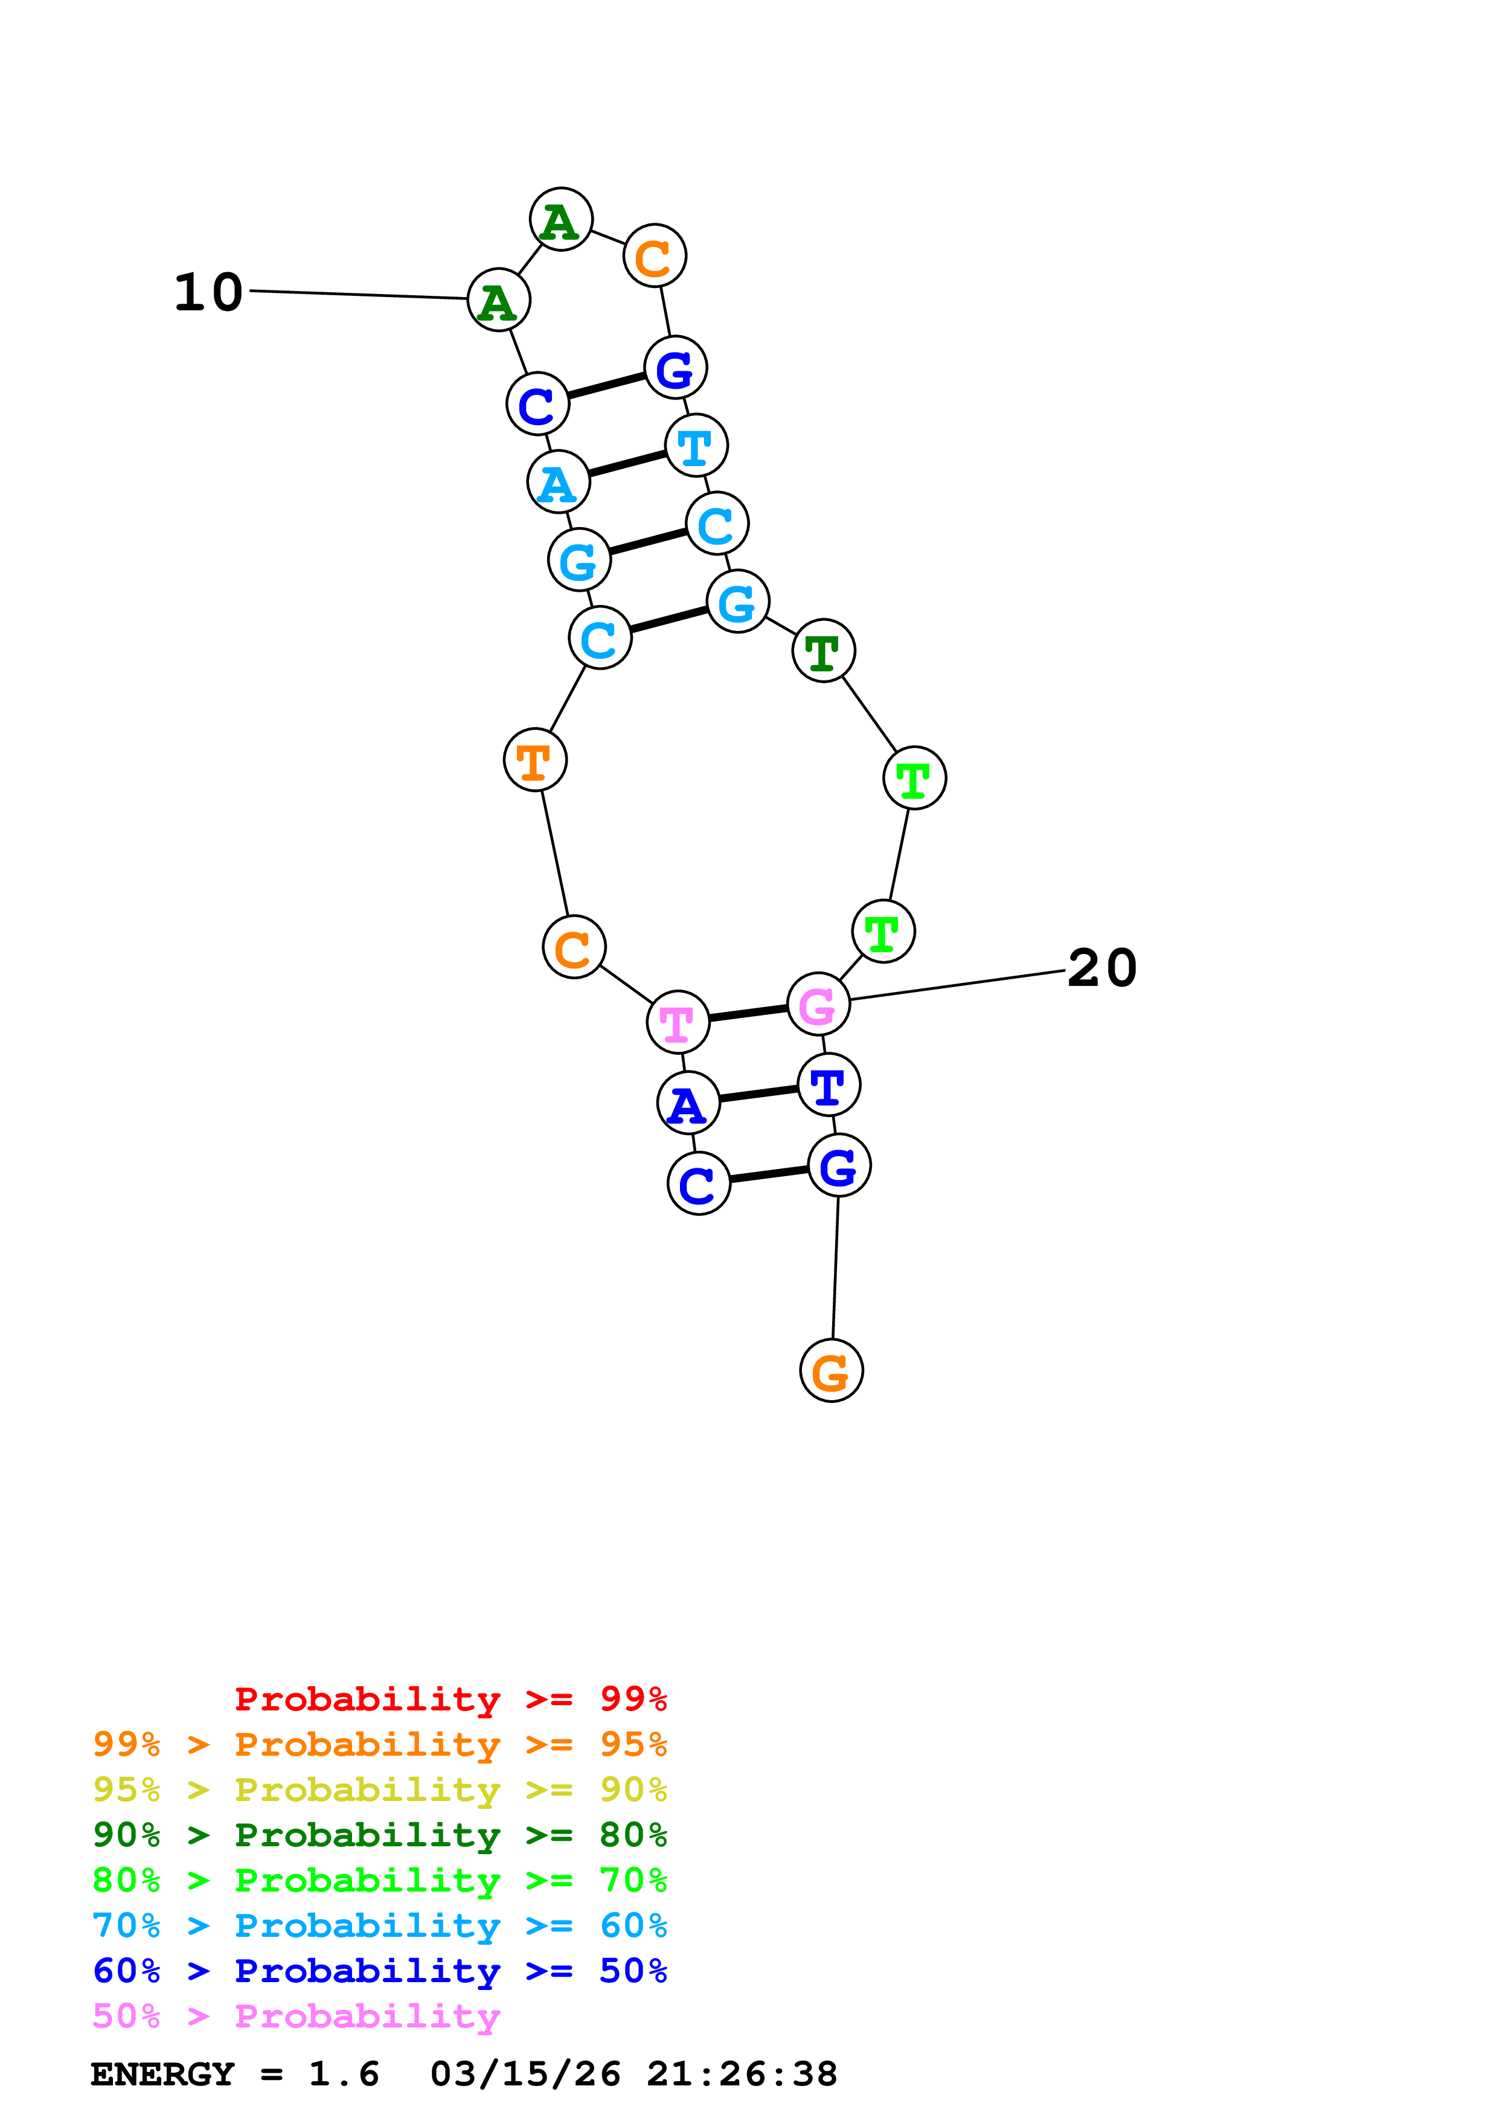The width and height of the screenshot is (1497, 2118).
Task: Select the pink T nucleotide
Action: coord(678,1022)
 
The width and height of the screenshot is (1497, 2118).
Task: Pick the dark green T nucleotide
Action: coord(822,651)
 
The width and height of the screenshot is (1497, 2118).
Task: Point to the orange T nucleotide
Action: coord(535,760)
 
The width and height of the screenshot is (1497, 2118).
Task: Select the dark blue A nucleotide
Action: coord(688,1103)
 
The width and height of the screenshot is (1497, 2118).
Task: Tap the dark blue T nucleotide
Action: coord(829,1085)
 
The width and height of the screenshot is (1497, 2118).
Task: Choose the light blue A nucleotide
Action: coord(558,482)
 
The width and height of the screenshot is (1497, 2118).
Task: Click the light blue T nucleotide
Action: coord(696,446)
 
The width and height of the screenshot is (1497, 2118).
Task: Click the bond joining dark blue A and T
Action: coord(758,1094)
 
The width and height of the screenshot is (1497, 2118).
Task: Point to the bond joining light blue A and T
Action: coord(627,464)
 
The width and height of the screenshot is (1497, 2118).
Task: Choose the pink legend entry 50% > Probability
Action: coord(296,2017)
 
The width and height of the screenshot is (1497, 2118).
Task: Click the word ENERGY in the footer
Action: coord(162,2075)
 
